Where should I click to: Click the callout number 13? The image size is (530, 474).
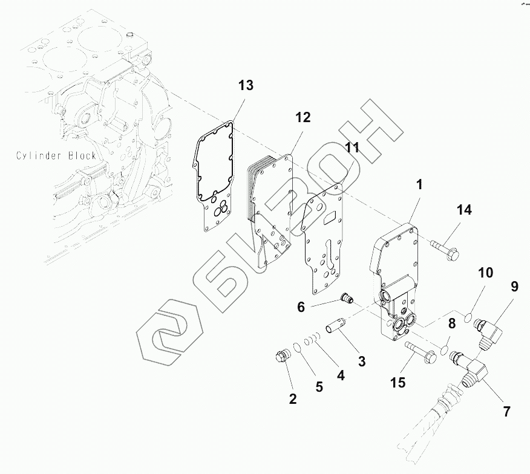pos(245,85)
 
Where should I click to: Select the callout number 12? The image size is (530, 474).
pos(303,117)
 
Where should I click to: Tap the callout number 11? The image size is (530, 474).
pos(352,147)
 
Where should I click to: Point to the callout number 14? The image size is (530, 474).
pos(463,210)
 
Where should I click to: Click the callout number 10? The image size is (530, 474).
pos(486,272)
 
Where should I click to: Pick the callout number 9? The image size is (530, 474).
pos(514,286)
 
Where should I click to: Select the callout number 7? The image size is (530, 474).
pos(506,412)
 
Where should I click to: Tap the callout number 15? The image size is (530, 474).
pos(397,383)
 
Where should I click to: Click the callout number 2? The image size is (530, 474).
pos(293,398)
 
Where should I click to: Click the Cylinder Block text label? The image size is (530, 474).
pos(56,156)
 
